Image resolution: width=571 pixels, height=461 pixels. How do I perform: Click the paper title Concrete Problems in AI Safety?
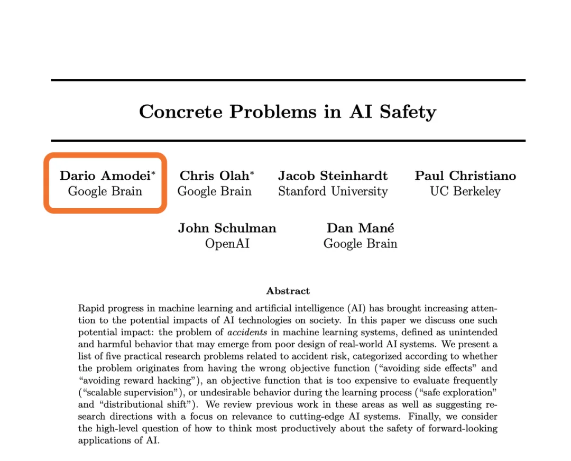point(288,112)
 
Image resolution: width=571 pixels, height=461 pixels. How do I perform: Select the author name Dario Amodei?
point(105,176)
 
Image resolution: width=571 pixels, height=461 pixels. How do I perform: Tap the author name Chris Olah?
point(214,176)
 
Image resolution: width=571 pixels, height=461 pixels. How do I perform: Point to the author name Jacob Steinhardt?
point(333,176)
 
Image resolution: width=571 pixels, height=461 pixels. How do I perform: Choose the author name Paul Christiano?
point(465,176)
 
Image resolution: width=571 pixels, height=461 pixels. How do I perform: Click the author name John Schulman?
point(227,228)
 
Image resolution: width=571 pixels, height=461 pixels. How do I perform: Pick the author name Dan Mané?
point(360,228)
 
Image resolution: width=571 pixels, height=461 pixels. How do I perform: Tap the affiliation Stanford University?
point(333,191)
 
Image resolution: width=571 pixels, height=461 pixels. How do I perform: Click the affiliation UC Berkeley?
point(465,191)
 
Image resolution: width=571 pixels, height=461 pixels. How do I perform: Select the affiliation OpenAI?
point(227,244)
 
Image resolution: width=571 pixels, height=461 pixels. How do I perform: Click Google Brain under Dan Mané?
point(360,244)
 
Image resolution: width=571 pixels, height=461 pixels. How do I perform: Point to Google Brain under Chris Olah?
point(214,191)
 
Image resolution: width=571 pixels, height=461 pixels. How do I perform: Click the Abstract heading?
point(288,291)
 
